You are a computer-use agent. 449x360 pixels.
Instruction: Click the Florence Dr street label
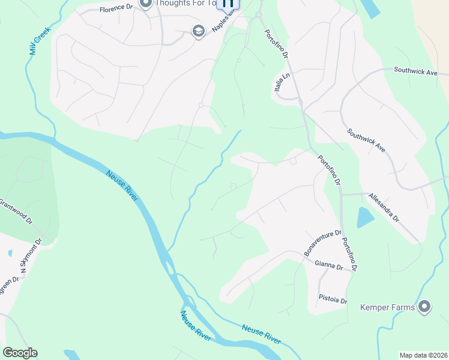(115, 10)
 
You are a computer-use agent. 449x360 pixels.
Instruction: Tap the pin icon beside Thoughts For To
(145, 4)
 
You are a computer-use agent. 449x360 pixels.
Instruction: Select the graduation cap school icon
(199, 31)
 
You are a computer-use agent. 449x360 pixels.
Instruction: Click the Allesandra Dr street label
(384, 208)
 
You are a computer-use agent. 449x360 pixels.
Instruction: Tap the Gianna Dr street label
(328, 264)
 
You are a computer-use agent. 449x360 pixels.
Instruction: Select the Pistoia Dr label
(333, 298)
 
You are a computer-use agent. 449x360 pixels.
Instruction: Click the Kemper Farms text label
(387, 308)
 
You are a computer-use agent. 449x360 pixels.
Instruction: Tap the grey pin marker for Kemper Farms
(424, 307)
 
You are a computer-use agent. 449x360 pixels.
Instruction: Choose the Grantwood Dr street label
(14, 211)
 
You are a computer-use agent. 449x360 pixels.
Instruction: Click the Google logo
(20, 353)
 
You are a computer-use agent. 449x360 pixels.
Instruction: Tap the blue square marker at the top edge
(228, 4)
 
